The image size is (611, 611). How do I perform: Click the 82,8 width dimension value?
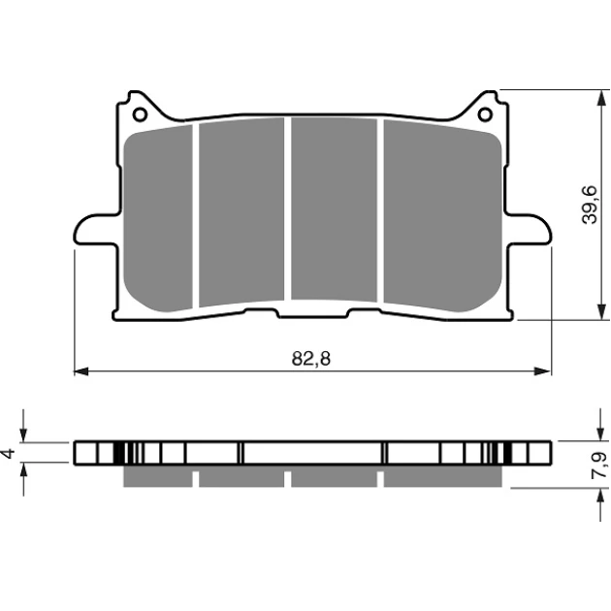point(311,359)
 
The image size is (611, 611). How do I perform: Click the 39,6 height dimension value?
point(590,205)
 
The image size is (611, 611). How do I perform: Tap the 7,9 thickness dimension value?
point(599,465)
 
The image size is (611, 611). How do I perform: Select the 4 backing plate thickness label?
point(9,453)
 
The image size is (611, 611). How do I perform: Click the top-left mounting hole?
point(140,114)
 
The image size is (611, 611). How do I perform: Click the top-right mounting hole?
point(485,114)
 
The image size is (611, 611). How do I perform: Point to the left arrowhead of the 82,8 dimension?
point(81,371)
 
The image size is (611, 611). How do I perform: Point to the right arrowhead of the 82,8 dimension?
point(543,371)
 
